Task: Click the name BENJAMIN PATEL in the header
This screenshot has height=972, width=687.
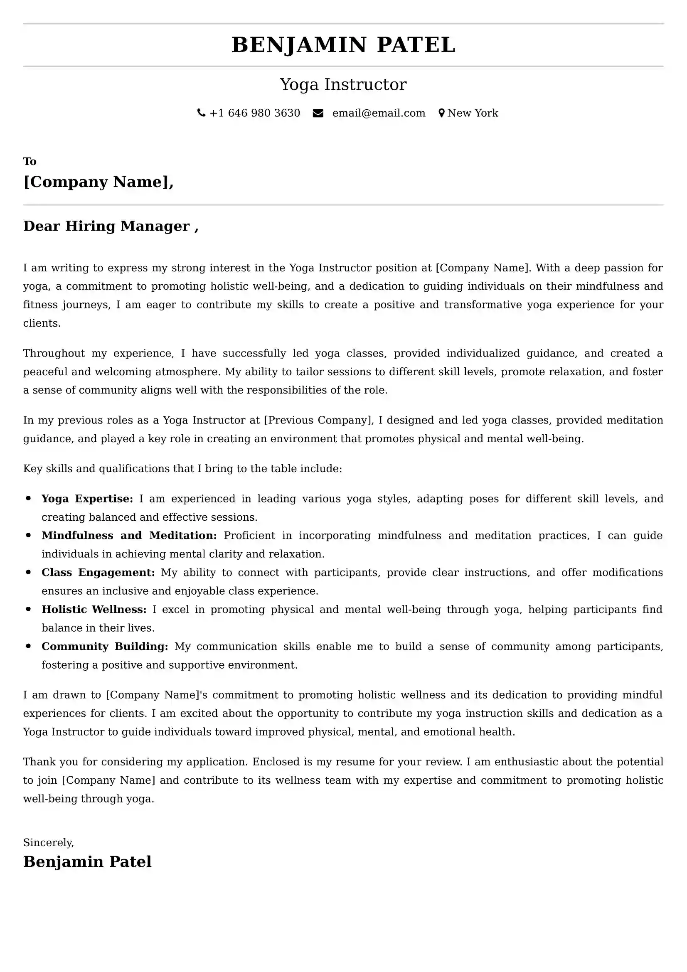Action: pyautogui.click(x=343, y=45)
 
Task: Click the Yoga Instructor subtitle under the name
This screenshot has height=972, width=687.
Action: pyautogui.click(x=343, y=85)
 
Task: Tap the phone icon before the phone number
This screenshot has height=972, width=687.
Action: pyautogui.click(x=202, y=113)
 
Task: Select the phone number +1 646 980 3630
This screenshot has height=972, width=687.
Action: pyautogui.click(x=255, y=113)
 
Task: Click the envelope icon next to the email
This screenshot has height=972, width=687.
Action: pyautogui.click(x=318, y=113)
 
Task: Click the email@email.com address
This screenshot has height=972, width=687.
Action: pyautogui.click(x=379, y=113)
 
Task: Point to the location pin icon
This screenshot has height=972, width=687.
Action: pyautogui.click(x=441, y=113)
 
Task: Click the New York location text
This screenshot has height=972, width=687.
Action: pyautogui.click(x=473, y=113)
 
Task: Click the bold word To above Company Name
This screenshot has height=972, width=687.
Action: pyautogui.click(x=30, y=161)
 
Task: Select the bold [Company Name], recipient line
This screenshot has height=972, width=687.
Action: pyautogui.click(x=98, y=182)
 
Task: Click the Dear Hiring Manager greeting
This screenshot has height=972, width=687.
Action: pyautogui.click(x=111, y=226)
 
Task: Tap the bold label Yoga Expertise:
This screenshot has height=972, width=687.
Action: pyautogui.click(x=87, y=499)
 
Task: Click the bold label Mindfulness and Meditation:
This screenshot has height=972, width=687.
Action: pyautogui.click(x=129, y=536)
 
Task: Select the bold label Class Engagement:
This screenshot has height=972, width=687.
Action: pyautogui.click(x=98, y=572)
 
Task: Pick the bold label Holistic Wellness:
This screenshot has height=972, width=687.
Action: pyautogui.click(x=94, y=609)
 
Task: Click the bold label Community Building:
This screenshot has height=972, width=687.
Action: pyautogui.click(x=105, y=647)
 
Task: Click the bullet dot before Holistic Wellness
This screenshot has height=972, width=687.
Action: pyautogui.click(x=28, y=609)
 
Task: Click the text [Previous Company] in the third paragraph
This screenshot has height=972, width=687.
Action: pyautogui.click(x=318, y=420)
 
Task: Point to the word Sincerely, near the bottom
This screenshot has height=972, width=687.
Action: pyautogui.click(x=48, y=842)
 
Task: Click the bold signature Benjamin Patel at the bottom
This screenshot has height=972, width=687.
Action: pyautogui.click(x=87, y=862)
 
